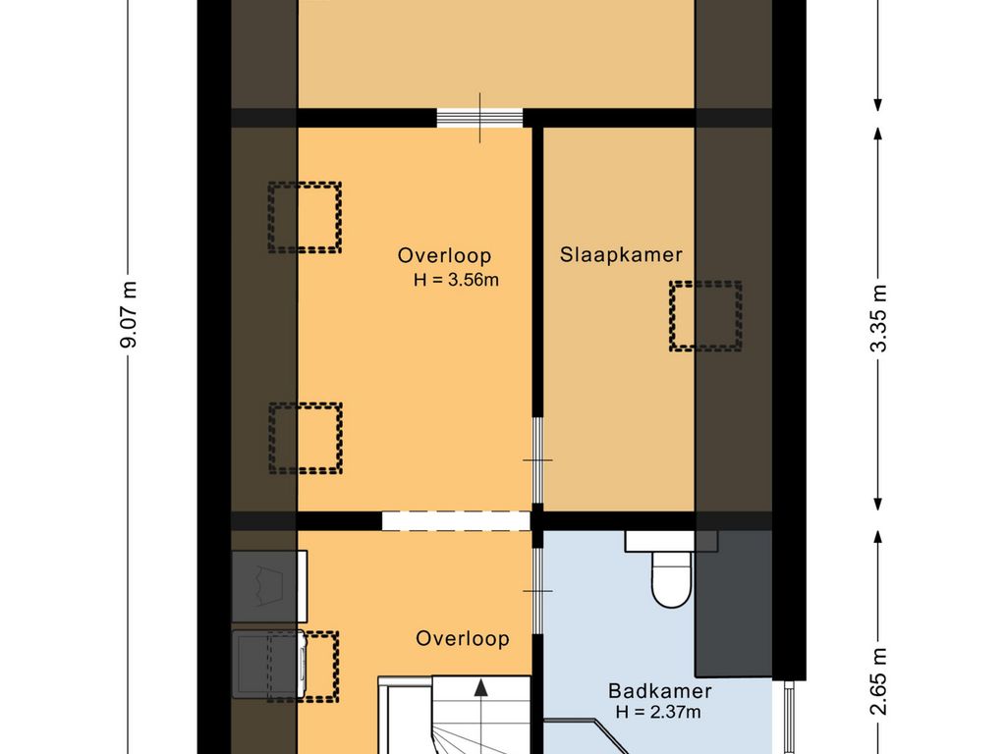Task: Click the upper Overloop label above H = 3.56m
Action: click(x=443, y=255)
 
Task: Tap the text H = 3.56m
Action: click(x=457, y=281)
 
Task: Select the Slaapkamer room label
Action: click(x=621, y=255)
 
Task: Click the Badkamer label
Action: click(x=660, y=691)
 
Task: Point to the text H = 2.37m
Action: click(x=657, y=713)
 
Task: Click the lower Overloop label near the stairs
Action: click(x=462, y=638)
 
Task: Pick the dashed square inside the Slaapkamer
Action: click(x=705, y=316)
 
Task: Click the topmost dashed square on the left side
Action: click(x=305, y=216)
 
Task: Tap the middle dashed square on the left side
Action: click(x=306, y=437)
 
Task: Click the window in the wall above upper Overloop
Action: click(x=479, y=118)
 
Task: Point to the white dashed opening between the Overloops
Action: click(x=456, y=520)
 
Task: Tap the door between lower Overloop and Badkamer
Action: click(x=537, y=590)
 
